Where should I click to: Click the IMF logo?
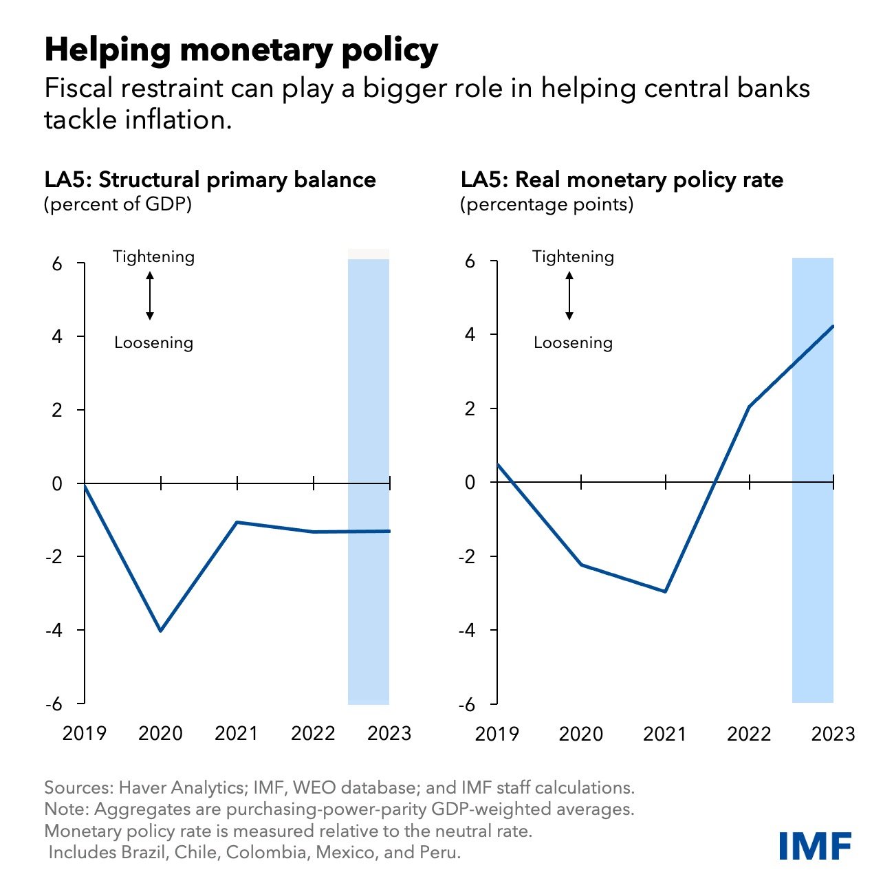click(x=815, y=845)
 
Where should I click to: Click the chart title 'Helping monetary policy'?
click(x=241, y=50)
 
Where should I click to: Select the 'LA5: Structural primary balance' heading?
click(x=210, y=180)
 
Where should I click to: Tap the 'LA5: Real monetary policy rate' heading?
click(x=622, y=180)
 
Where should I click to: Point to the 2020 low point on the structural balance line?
click(x=161, y=631)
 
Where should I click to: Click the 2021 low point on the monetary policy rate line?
click(x=665, y=591)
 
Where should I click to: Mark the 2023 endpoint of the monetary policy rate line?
click(x=833, y=326)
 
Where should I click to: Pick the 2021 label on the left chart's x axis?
click(x=237, y=733)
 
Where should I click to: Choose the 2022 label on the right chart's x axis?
click(x=749, y=734)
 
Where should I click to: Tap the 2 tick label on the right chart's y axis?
click(x=470, y=409)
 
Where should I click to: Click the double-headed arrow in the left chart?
click(x=150, y=296)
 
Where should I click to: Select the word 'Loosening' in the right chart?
click(x=573, y=342)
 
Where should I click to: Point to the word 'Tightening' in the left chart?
click(x=153, y=257)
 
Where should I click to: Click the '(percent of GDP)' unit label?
click(x=118, y=204)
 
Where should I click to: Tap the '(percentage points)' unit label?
click(x=547, y=204)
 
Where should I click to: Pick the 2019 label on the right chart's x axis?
click(x=497, y=734)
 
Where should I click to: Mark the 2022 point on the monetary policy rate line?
click(x=749, y=406)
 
